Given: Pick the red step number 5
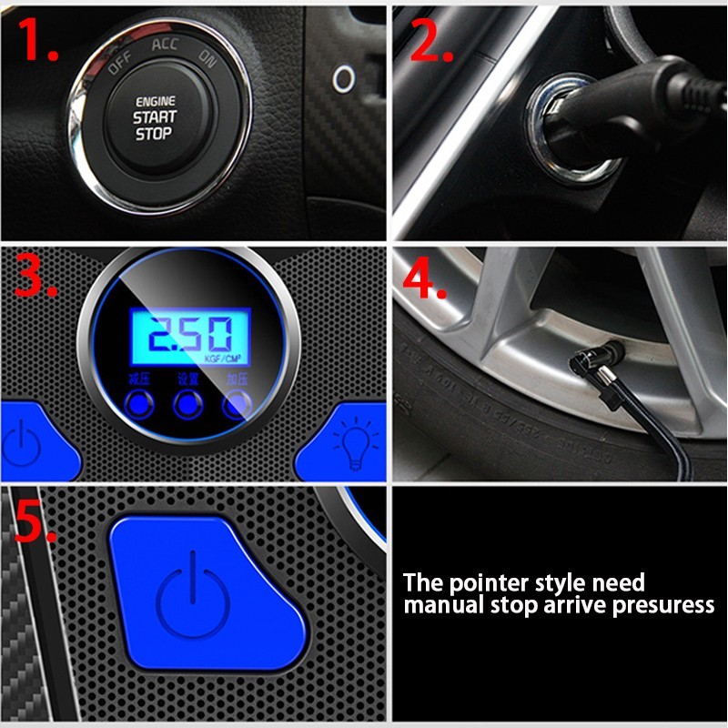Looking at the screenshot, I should (x=37, y=521).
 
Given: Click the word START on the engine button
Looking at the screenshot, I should (x=155, y=117).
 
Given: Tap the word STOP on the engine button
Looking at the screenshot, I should (x=154, y=134).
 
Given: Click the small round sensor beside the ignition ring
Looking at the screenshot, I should (x=343, y=77).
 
